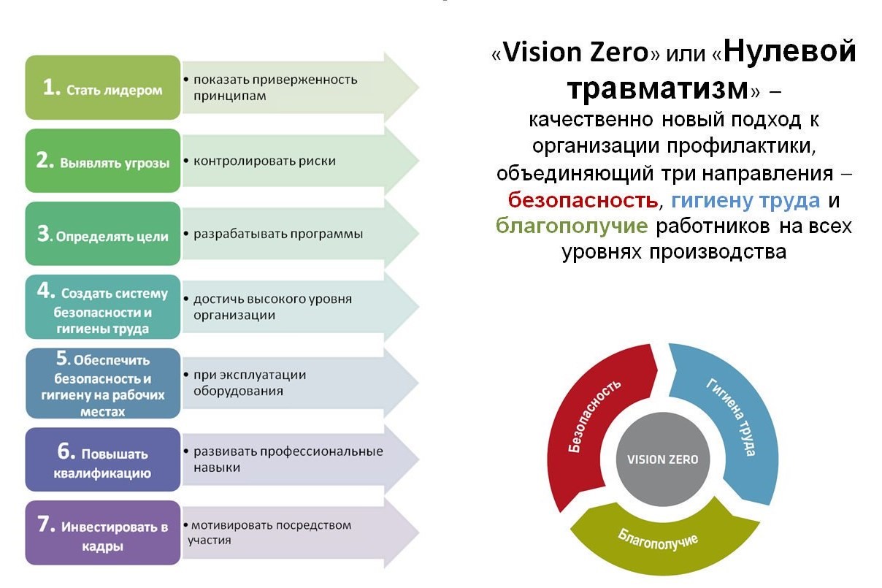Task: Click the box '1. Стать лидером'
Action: (103, 88)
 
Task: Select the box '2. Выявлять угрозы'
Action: (103, 161)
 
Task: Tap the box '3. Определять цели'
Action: (103, 234)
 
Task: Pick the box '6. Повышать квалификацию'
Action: (103, 459)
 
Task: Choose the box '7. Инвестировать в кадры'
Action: (103, 533)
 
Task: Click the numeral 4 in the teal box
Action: (46, 291)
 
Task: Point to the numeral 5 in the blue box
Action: (64, 358)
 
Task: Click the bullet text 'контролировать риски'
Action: (264, 161)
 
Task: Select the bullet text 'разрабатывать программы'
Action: (278, 234)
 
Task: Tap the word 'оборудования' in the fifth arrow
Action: (238, 391)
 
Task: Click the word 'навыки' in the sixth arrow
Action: (217, 467)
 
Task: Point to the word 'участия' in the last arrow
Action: (209, 540)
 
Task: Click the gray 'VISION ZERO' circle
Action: (663, 459)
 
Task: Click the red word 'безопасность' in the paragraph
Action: (583, 200)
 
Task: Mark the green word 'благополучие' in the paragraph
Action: (572, 226)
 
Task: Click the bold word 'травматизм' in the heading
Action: (658, 89)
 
